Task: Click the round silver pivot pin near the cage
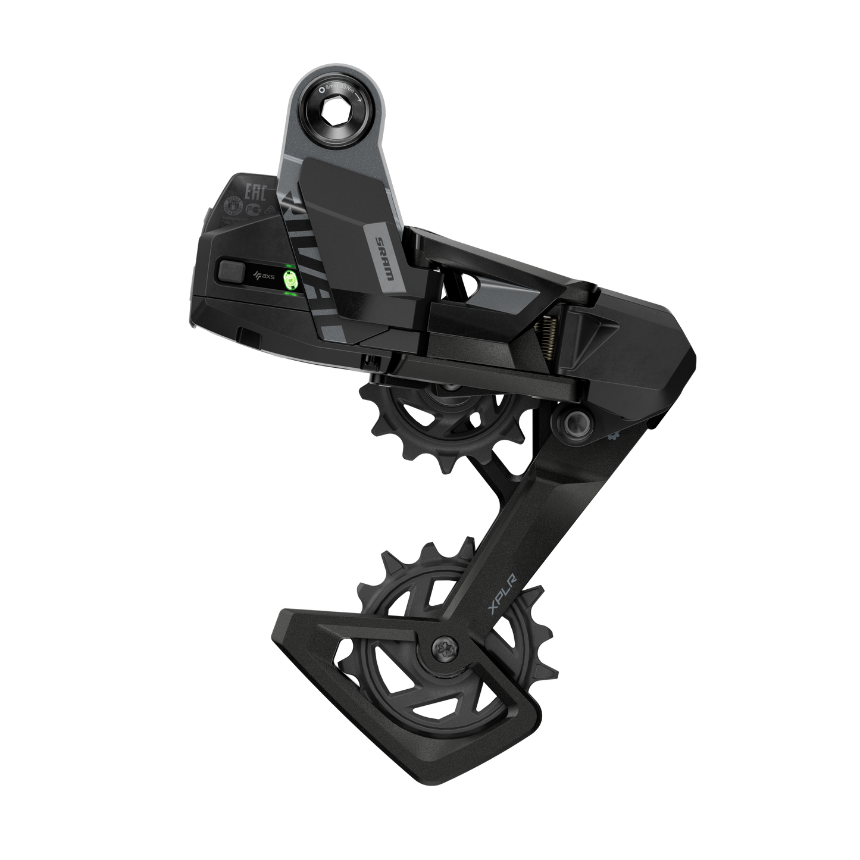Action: click(x=574, y=423)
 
